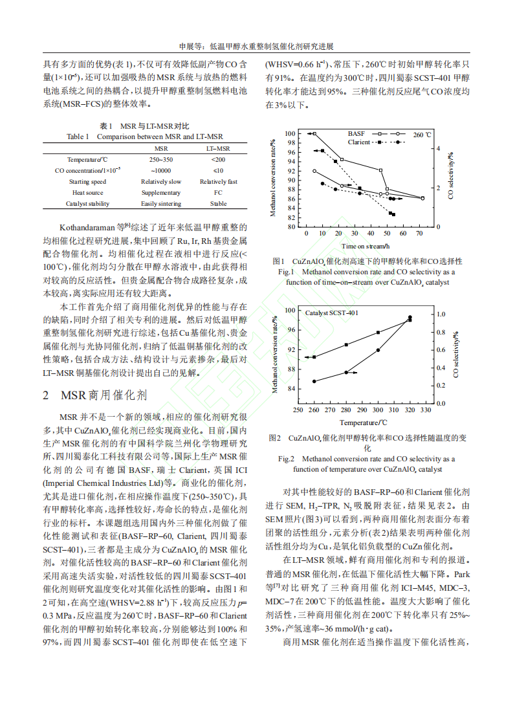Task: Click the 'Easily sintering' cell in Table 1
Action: pos(161,204)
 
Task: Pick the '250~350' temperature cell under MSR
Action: pos(161,159)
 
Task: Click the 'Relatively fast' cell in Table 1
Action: pos(218,182)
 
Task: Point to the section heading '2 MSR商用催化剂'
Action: pos(95,395)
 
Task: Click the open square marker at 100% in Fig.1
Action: pos(314,134)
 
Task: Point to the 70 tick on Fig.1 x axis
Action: pos(420,233)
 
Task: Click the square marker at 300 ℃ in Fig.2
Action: pos(378,333)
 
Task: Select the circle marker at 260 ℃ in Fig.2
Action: pos(314,381)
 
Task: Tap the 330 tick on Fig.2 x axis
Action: pos(425,410)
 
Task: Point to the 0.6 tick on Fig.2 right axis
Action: pos(441,349)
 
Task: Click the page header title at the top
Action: pos(256,47)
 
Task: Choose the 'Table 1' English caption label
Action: pos(80,137)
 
